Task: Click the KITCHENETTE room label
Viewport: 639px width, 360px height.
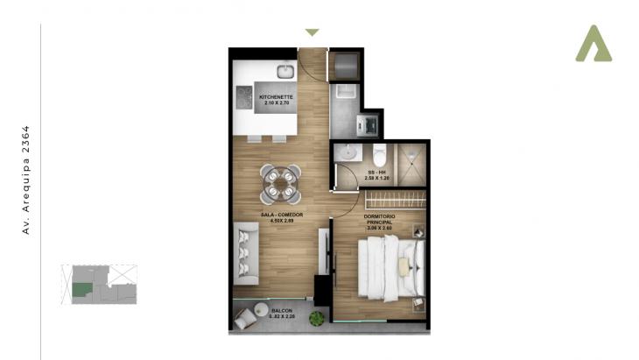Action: (275, 96)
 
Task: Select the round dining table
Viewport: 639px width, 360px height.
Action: (281, 182)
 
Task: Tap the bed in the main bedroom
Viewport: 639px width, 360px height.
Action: (390, 268)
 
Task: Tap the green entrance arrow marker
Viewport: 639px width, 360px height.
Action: (312, 32)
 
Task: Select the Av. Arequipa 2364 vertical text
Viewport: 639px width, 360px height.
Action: (25, 180)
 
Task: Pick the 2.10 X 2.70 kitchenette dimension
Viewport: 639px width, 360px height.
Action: (275, 103)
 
